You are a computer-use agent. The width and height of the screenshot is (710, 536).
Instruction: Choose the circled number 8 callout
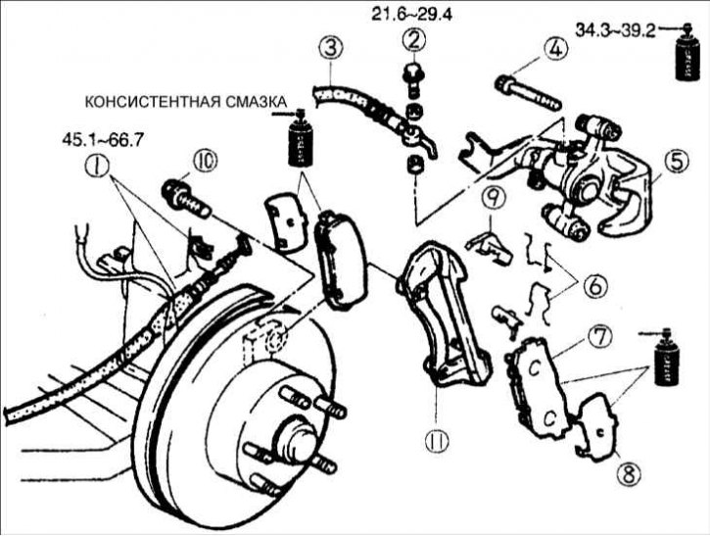[628, 473]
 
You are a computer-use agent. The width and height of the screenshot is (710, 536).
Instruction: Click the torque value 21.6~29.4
[412, 13]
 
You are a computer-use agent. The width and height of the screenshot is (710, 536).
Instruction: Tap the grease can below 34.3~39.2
[683, 59]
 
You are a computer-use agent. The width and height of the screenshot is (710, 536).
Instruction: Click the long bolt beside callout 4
[530, 91]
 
